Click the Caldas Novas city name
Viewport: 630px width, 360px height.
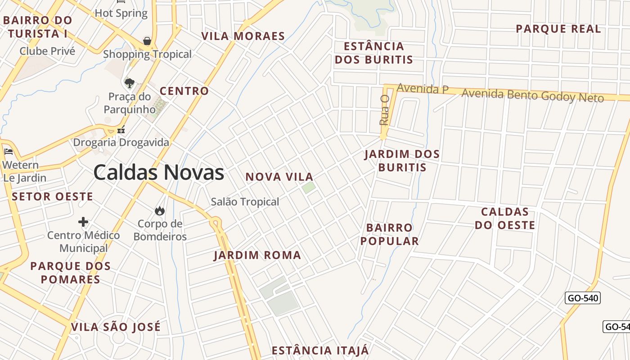pos(158,172)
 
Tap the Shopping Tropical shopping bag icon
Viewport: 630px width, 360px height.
pos(147,41)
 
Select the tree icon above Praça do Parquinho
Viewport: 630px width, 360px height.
pos(129,83)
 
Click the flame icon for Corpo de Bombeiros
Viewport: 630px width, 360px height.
pos(159,211)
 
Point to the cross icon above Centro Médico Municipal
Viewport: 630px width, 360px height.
pos(83,222)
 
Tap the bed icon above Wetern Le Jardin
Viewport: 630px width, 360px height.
pos(8,152)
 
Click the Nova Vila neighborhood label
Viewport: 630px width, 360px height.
pos(279,177)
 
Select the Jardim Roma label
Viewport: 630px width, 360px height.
pos(257,255)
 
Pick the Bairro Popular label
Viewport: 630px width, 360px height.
pos(390,234)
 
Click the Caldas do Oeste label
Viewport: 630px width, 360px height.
pos(505,218)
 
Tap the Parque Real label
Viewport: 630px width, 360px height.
pos(558,29)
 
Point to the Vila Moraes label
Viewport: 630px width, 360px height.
pos(243,36)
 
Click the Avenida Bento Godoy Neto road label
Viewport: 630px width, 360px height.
pos(532,95)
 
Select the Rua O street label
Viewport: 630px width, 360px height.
pos(384,110)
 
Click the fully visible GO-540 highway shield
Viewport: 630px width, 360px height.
pos(582,298)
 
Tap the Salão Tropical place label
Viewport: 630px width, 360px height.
pos(245,202)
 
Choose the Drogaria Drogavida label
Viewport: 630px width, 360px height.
pos(121,142)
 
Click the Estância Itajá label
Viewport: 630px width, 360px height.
pos(320,350)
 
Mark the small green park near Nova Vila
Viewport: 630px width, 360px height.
pos(308,187)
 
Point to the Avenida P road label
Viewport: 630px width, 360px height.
pos(423,89)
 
